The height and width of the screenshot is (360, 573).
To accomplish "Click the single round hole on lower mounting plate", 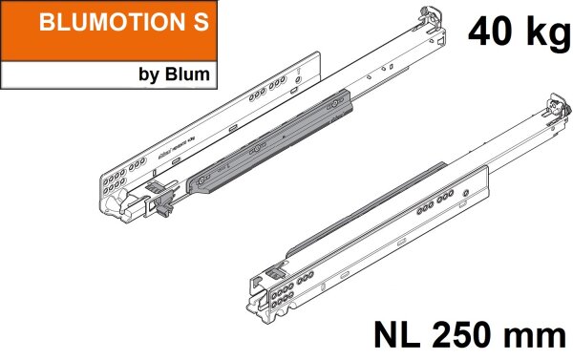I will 464,192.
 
